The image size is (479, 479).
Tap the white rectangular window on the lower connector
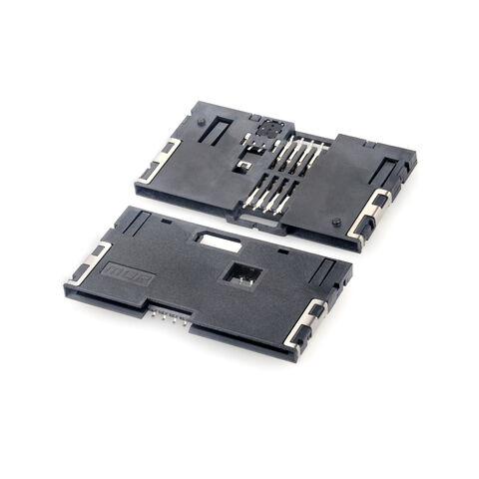pos(218,239)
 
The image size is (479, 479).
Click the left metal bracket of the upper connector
pos(160,160)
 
